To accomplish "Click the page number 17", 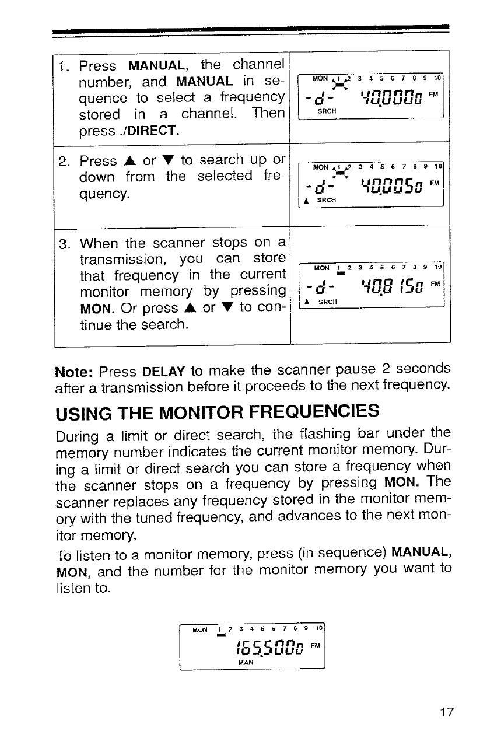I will click(444, 712).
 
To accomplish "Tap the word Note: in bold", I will click(74, 372).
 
